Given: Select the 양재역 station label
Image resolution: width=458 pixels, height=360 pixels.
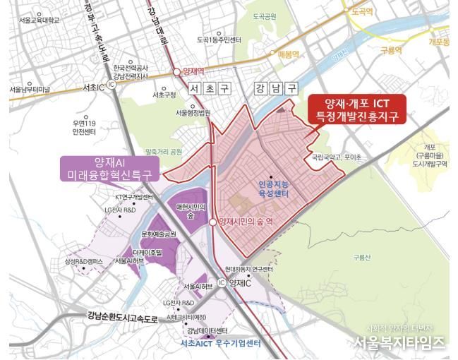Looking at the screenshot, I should click(196, 71).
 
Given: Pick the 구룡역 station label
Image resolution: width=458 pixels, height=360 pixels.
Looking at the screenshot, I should click(390, 52).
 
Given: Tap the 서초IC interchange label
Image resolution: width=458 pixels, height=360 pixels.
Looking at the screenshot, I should click(92, 87).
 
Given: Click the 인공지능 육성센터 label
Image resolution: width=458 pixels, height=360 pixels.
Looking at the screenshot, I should click(275, 186).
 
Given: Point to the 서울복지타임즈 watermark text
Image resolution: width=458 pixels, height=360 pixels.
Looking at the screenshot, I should click(399, 343).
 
